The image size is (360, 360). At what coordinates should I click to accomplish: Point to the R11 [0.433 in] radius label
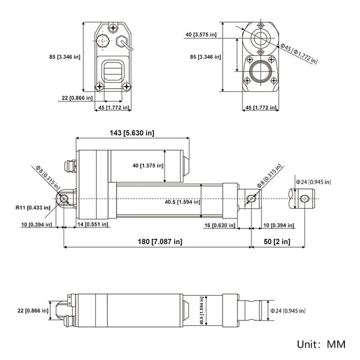tap(33, 208)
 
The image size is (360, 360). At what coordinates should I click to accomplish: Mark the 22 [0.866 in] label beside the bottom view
tap(29, 310)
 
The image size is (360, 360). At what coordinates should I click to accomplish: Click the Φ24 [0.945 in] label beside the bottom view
tap(289, 311)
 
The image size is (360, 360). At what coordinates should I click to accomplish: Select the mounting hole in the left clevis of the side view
tap(63, 199)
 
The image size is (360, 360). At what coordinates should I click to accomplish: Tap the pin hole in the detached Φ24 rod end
tap(305, 199)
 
